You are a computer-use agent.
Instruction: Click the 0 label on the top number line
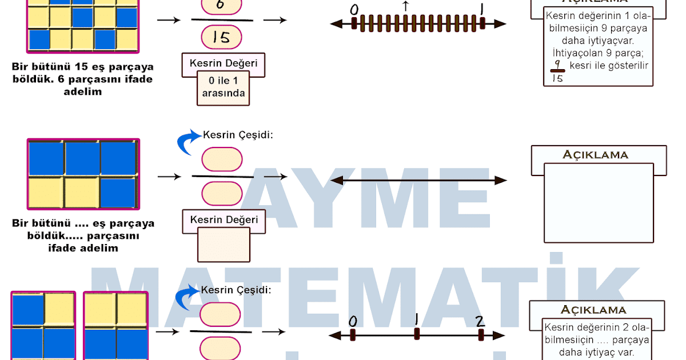point(354,10)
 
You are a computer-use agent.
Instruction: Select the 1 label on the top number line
point(483,10)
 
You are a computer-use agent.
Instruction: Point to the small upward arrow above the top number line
point(405,6)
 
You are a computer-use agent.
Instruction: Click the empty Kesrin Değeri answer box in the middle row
point(223,245)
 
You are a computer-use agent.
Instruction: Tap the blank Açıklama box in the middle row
point(599,203)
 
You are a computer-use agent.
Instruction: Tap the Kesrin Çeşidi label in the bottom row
point(236,290)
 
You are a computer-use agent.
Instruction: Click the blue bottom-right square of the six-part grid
point(118,193)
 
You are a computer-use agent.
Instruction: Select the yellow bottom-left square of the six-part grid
point(46,193)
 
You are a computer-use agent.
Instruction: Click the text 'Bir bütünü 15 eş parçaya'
point(82,67)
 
